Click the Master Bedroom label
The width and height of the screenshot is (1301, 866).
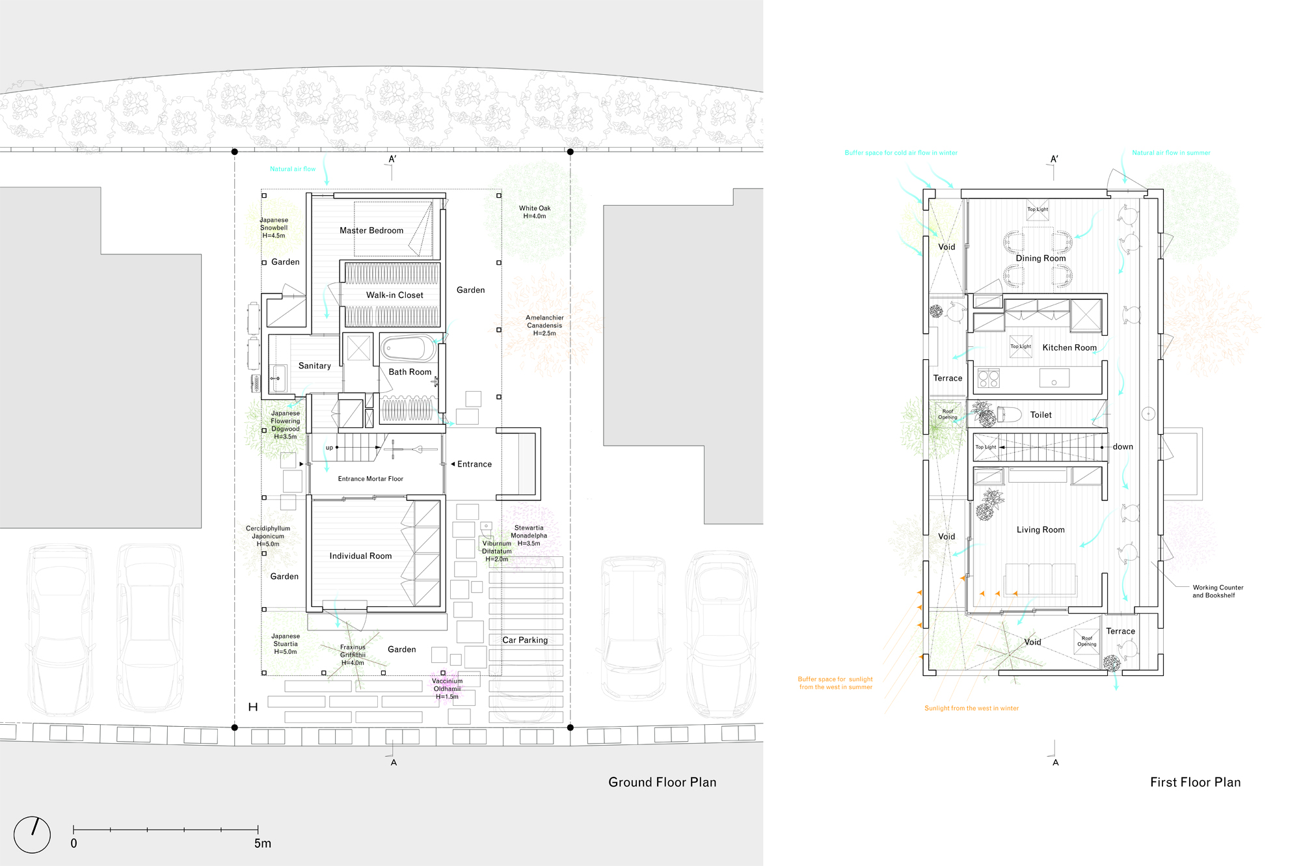click(x=371, y=230)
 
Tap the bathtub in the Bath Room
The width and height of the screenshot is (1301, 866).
click(x=408, y=349)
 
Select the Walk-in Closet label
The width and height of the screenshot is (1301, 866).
click(x=394, y=295)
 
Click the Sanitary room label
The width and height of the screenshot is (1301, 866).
click(x=314, y=366)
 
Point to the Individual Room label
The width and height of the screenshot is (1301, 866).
click(x=360, y=556)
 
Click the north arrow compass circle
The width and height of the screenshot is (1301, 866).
click(x=32, y=835)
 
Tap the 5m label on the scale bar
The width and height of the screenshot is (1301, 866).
click(x=262, y=843)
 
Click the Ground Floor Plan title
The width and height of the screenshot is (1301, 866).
click(x=662, y=782)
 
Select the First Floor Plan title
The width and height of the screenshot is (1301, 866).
click(x=1195, y=782)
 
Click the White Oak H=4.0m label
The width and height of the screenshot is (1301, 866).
click(x=535, y=212)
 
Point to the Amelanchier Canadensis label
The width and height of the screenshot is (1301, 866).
click(x=544, y=325)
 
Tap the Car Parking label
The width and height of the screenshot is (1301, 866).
click(x=524, y=640)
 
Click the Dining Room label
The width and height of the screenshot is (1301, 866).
click(x=1041, y=258)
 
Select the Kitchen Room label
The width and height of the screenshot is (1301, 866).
click(x=1069, y=347)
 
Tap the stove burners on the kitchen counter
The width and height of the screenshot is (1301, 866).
click(x=988, y=378)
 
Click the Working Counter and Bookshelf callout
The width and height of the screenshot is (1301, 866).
click(x=1217, y=591)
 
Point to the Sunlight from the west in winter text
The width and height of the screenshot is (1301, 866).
click(x=971, y=708)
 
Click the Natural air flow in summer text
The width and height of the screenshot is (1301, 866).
click(x=1171, y=153)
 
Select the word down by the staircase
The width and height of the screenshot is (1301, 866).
click(x=1123, y=446)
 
